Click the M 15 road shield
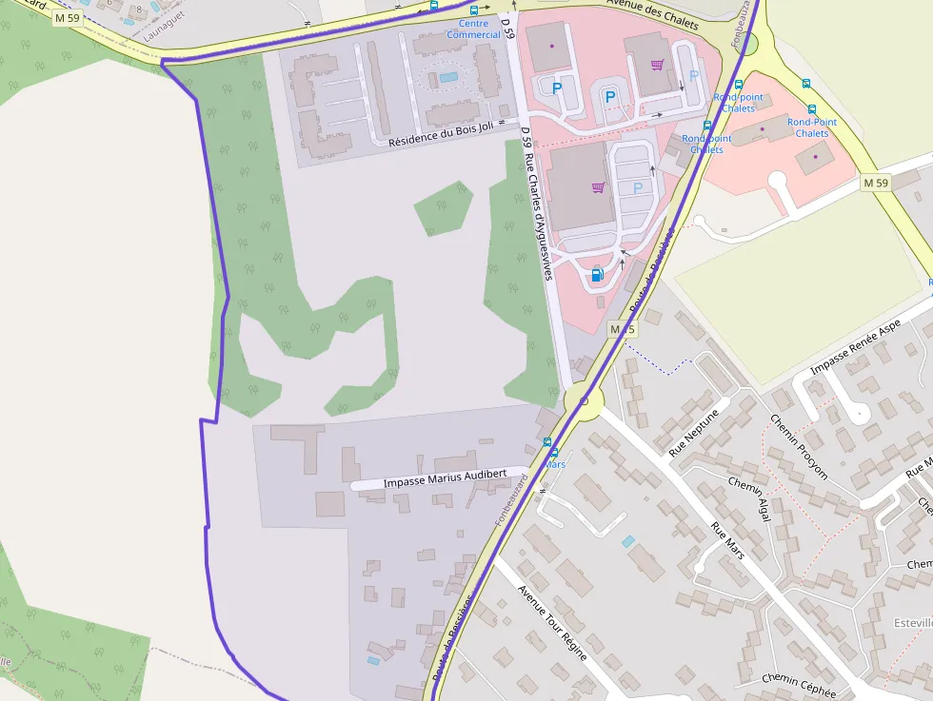[622, 329]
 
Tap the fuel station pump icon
[597, 275]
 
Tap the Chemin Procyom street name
[798, 447]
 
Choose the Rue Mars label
[727, 539]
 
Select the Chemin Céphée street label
[798, 686]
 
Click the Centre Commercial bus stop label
[473, 29]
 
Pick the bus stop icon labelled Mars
[548, 442]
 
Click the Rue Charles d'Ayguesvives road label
[538, 210]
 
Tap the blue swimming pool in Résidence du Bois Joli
[447, 76]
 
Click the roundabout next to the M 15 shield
[583, 401]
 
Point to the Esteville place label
[912, 622]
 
